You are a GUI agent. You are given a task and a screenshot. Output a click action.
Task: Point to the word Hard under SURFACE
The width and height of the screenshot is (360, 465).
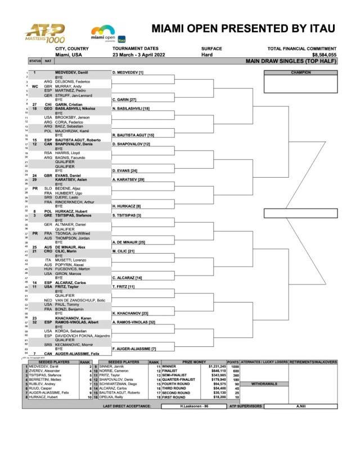(x=207, y=55)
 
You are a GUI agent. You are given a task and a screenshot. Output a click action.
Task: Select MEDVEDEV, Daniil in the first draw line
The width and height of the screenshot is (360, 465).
(x=72, y=73)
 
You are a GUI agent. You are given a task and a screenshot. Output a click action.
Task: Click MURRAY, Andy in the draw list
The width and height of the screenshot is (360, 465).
(x=67, y=86)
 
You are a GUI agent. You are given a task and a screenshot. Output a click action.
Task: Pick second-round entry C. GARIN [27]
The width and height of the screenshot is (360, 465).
(x=126, y=100)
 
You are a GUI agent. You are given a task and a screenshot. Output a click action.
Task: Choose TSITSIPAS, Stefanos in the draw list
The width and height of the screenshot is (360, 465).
(x=73, y=215)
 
